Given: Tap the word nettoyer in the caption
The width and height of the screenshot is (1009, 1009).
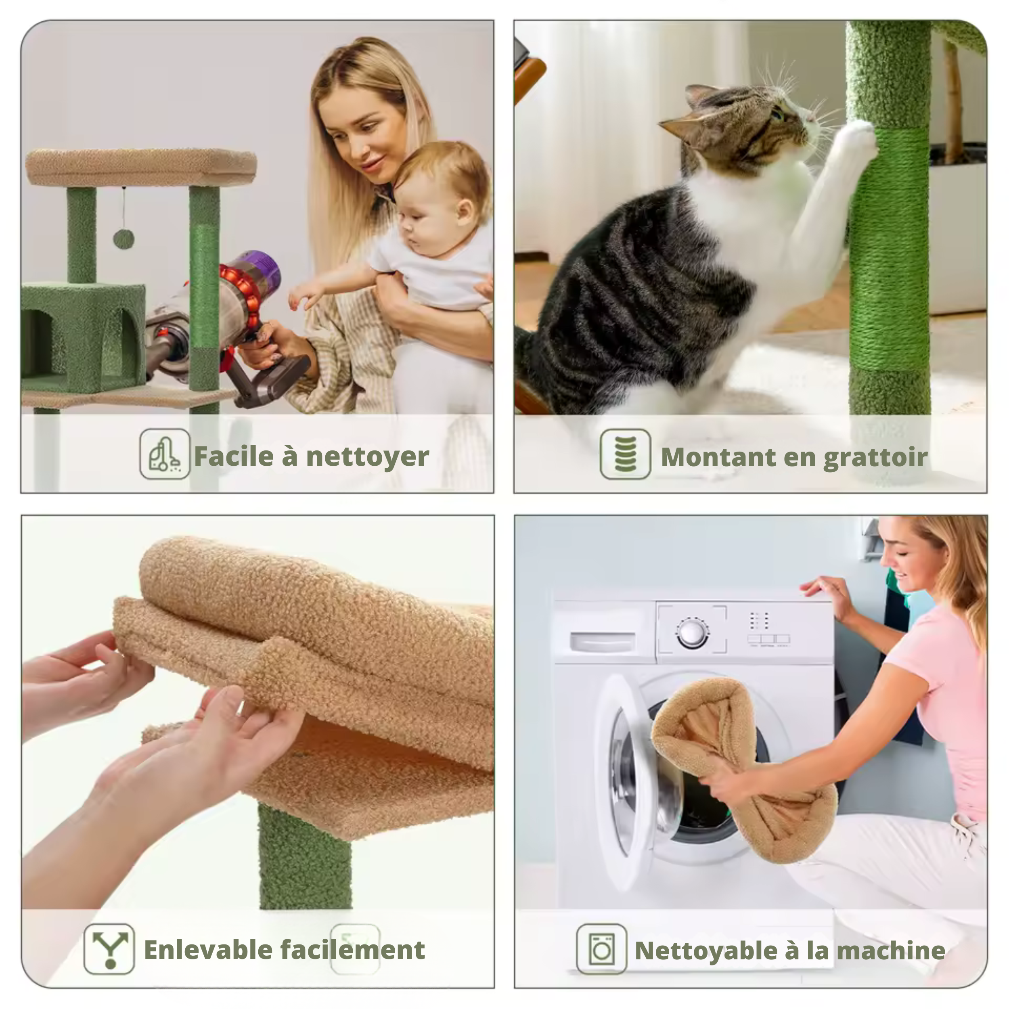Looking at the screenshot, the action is pos(368,456).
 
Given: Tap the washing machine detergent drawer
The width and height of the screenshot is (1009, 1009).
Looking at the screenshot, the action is pos(603,641).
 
